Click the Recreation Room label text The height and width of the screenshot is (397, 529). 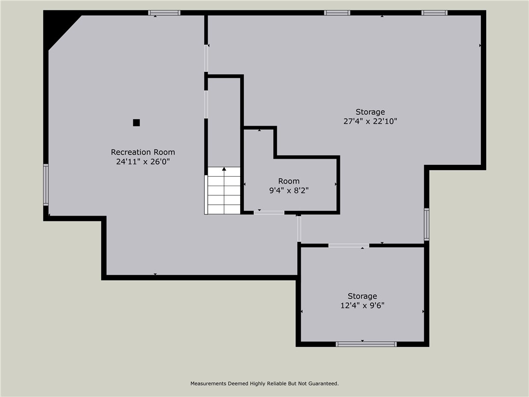point(143,152)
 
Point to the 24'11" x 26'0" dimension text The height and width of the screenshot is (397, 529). point(143,161)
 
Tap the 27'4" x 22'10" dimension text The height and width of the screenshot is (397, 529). point(370,121)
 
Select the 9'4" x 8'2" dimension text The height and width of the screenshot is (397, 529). point(289,190)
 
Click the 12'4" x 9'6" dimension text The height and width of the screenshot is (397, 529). point(362,306)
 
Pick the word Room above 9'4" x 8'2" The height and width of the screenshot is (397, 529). point(289,181)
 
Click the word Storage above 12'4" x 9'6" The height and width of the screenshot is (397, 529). point(362,296)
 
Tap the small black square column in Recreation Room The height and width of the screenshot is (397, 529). point(136,123)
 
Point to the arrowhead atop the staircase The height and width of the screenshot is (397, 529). point(224,169)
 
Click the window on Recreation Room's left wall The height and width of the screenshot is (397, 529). point(46,185)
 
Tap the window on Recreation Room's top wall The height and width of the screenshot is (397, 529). point(164,13)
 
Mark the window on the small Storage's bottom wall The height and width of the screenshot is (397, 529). point(366,344)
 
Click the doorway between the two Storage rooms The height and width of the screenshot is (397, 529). point(349,246)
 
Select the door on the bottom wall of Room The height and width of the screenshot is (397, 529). point(269,212)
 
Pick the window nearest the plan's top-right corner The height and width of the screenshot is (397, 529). point(434,13)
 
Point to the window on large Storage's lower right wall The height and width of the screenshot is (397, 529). point(427,224)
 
